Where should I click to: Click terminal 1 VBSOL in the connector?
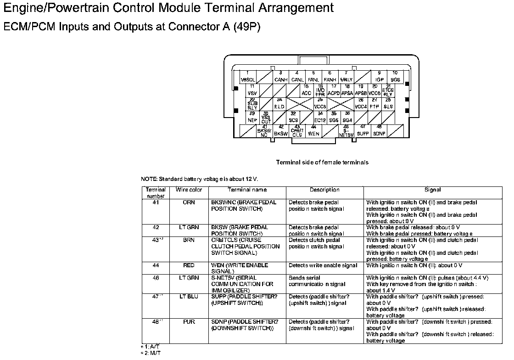pos(248,76)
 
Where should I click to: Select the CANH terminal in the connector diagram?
pos(280,76)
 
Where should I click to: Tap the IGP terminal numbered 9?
pos(379,76)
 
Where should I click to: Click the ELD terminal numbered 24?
pos(279,104)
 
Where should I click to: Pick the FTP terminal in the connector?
pos(374,104)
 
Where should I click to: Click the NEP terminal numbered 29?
pos(252,117)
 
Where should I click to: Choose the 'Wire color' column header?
pos(189,190)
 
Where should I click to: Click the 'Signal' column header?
pos(432,190)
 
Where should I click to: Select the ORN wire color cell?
pos(189,202)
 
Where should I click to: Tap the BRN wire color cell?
pos(189,240)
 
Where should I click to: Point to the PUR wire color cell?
pos(189,322)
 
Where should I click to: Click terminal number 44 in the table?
pos(156,265)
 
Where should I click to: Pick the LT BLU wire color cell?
pos(189,297)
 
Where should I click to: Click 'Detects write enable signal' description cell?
pos(323,265)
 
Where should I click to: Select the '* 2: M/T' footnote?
pos(151,353)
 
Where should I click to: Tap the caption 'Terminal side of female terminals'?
pos(322,162)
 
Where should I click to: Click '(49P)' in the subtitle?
pos(247,27)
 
